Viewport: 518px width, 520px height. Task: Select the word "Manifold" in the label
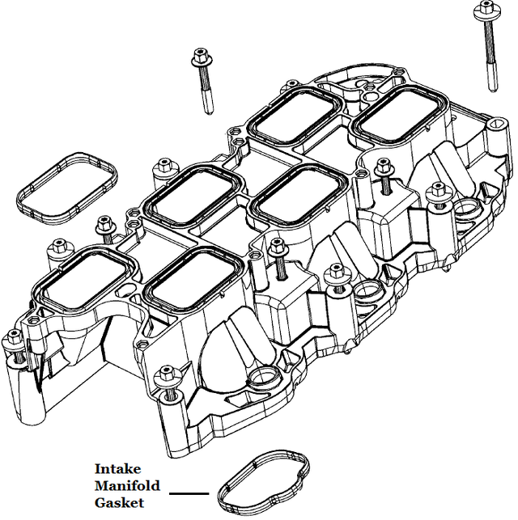127,486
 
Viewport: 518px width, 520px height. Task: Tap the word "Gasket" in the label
119,503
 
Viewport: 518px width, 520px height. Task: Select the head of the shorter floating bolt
199,57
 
